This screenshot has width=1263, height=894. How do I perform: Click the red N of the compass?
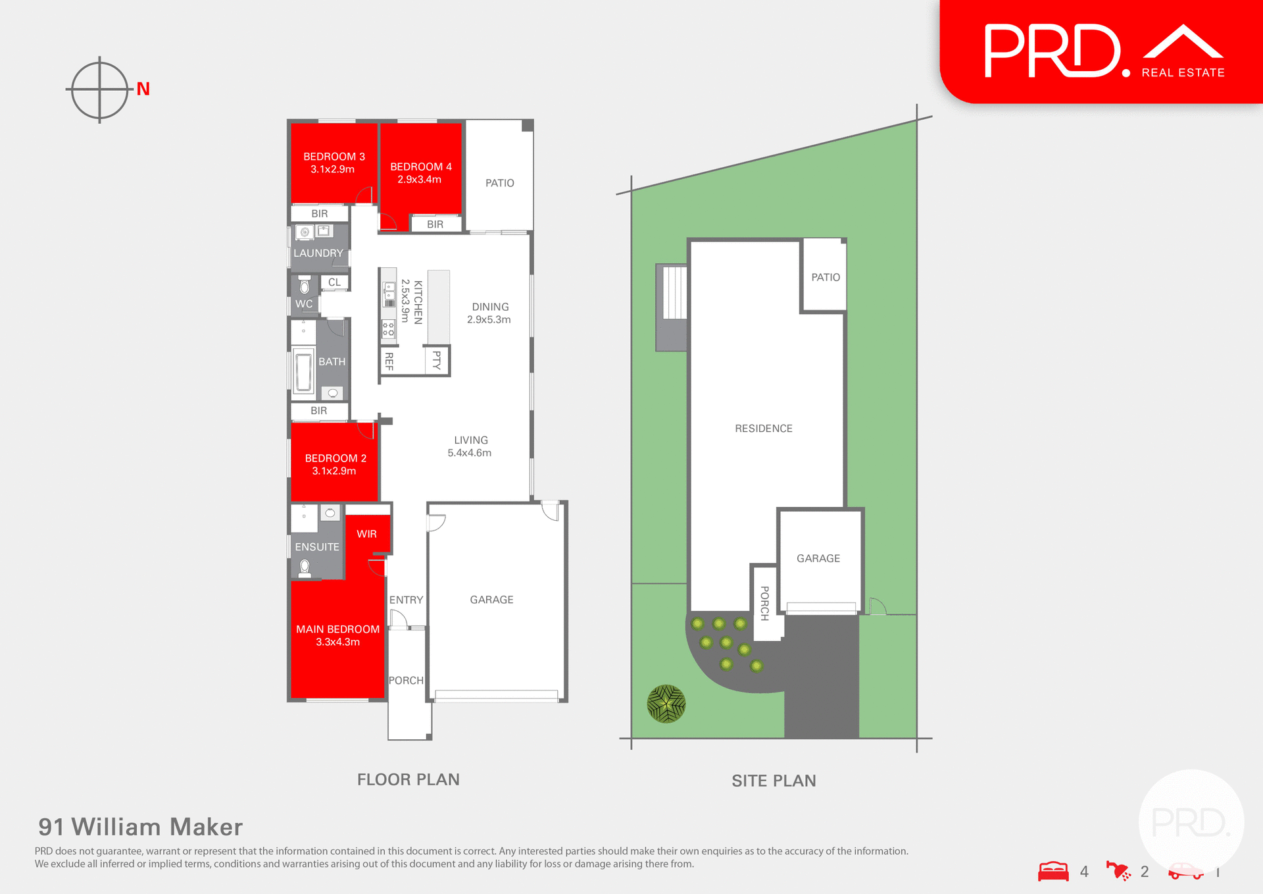coord(143,89)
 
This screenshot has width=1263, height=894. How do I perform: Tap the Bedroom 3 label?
coord(334,157)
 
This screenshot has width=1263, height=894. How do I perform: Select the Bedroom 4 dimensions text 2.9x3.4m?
coord(419,180)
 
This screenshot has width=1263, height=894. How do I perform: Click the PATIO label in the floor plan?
coord(499,183)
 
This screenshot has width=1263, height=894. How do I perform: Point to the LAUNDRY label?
coord(318,253)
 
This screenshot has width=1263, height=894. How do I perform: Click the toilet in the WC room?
coord(305,287)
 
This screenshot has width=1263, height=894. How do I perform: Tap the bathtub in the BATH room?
coord(304,373)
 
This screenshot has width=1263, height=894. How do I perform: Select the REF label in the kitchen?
coord(389,361)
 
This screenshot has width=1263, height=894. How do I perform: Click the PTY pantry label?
coord(436,359)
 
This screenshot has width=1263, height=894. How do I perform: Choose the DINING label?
coord(490,307)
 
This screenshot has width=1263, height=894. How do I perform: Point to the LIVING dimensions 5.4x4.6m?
coord(469,453)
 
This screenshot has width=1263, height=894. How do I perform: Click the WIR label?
coord(366,534)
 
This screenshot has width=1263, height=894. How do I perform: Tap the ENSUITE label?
coord(317,547)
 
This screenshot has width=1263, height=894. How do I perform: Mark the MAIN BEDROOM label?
coord(337,629)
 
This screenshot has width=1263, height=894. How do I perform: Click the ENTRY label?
coord(406,600)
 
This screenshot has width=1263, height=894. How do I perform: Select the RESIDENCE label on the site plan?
coord(763,429)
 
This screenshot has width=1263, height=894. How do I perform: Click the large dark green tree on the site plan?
coord(666,704)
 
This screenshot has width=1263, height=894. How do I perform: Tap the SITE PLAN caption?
coord(774,781)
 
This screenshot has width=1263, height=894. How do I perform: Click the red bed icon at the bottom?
coord(1053,871)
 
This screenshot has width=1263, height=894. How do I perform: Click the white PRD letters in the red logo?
coord(1052,51)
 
